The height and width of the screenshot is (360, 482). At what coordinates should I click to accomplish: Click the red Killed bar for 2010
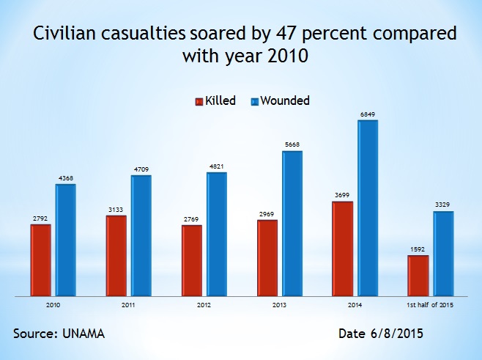(41, 260)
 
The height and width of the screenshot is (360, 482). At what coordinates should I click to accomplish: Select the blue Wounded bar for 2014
(368, 208)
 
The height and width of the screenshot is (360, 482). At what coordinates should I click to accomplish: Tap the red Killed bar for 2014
(343, 249)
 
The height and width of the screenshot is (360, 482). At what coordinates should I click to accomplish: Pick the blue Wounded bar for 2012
(217, 235)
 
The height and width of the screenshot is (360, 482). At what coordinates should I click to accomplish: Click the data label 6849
(368, 114)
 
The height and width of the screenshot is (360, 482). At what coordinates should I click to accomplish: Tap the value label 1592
(418, 250)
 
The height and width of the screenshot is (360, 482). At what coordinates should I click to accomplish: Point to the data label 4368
(66, 178)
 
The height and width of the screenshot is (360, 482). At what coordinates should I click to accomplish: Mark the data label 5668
(292, 145)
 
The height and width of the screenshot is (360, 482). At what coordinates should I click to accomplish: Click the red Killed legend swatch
(199, 101)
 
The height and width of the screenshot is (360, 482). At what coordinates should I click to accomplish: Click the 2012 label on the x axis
(204, 304)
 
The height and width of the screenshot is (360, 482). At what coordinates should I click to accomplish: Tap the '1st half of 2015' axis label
(431, 304)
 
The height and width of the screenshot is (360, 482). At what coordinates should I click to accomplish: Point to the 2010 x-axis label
(53, 304)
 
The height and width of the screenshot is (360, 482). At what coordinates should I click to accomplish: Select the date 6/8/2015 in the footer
(396, 334)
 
